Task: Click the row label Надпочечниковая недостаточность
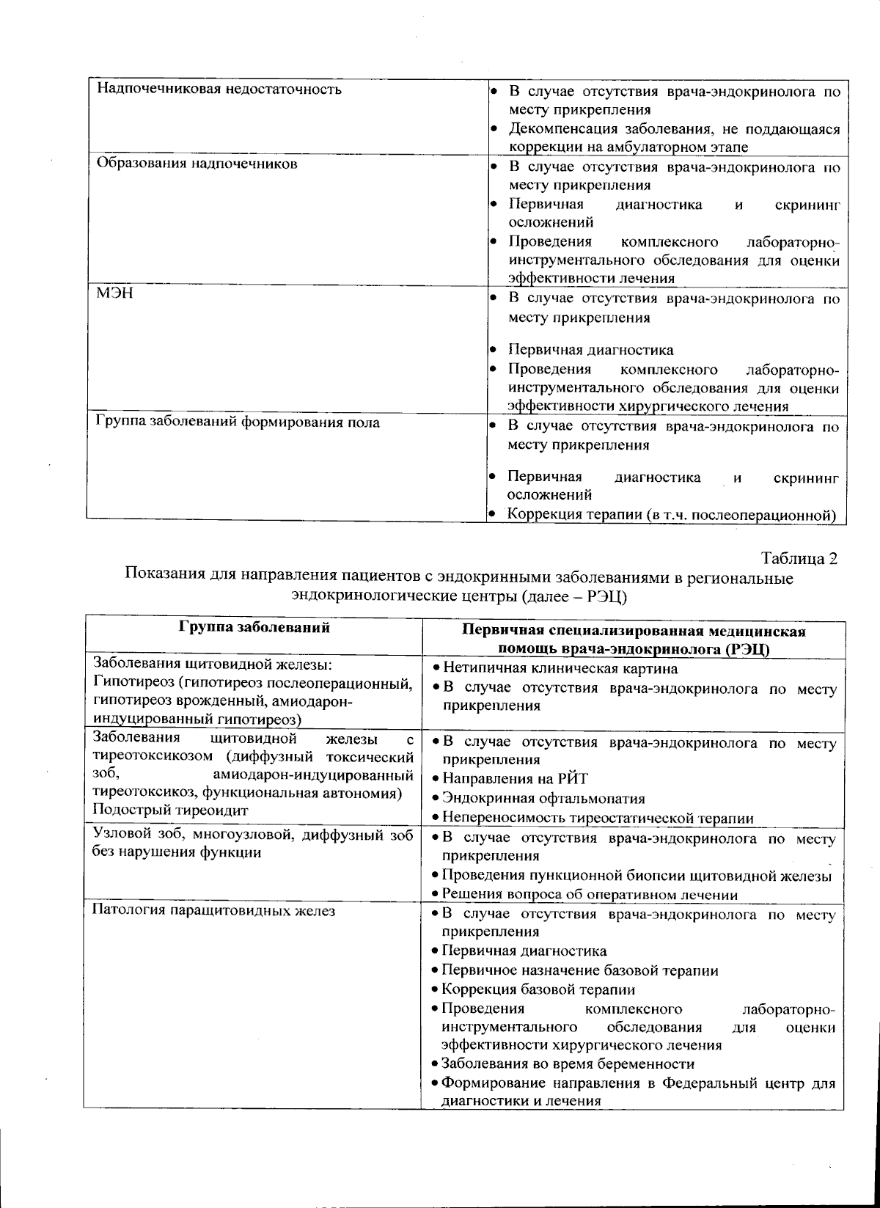click(x=219, y=90)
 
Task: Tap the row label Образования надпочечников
click(x=197, y=164)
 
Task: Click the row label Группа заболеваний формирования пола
click(x=238, y=422)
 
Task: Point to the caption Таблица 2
click(x=799, y=558)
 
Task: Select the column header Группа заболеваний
click(x=254, y=628)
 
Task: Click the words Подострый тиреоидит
click(x=170, y=810)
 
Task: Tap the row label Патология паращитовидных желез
click(x=213, y=912)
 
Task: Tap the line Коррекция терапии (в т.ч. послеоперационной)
click(x=672, y=515)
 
